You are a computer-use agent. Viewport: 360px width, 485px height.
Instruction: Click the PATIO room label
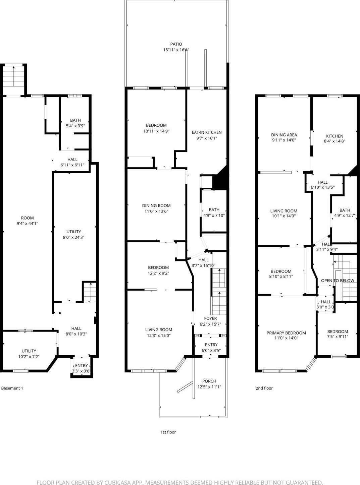tap(176, 44)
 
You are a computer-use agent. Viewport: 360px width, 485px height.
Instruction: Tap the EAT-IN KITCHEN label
tap(207, 132)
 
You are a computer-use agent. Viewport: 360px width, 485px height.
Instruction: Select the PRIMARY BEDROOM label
tap(286, 333)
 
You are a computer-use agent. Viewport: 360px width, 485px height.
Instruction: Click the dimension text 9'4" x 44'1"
tap(28, 223)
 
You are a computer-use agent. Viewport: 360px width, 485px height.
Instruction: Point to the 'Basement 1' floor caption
tap(12, 388)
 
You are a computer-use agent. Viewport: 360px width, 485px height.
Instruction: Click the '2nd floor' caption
tap(264, 388)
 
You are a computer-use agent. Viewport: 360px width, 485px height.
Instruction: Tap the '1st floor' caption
tap(168, 432)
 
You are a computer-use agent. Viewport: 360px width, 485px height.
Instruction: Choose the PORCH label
tap(209, 381)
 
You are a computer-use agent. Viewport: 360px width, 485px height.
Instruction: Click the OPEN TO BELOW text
tap(337, 281)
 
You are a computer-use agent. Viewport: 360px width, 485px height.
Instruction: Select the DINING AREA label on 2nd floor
tap(284, 135)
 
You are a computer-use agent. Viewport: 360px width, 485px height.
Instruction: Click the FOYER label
tap(210, 318)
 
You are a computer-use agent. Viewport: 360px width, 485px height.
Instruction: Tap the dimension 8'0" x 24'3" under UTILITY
tap(73, 237)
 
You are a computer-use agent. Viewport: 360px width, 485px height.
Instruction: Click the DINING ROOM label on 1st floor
tap(156, 206)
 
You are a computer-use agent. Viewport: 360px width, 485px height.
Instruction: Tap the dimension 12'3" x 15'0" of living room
tap(159, 335)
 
